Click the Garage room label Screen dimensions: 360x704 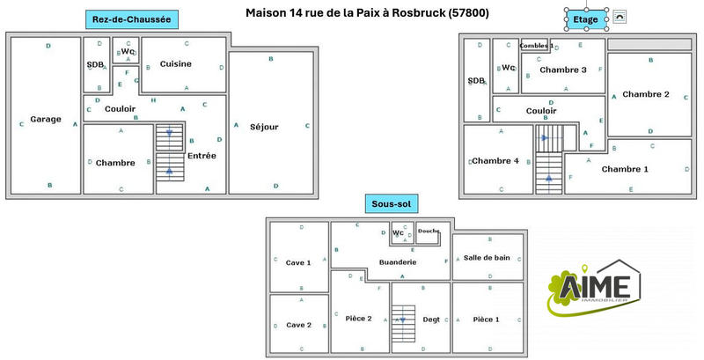point(46,120)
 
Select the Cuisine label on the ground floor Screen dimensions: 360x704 point(176,63)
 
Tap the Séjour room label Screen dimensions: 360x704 point(264,127)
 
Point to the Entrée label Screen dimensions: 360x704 point(202,156)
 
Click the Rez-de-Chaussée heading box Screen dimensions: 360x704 point(131,18)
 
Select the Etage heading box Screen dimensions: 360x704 point(585,18)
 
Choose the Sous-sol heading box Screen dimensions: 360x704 point(392,204)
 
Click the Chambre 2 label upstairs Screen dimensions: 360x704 point(646,94)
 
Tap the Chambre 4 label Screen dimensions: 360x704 point(495,161)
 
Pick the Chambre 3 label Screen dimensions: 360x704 point(562,70)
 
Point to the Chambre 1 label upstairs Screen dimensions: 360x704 point(625,169)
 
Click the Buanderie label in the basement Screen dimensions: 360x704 point(397,262)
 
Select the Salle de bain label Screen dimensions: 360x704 point(487,258)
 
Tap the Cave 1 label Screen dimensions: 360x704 point(298,262)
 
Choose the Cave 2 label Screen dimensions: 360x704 point(298,325)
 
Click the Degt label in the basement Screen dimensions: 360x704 point(431,320)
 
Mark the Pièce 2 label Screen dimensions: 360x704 point(358,319)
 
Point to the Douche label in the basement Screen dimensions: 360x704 point(429,231)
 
